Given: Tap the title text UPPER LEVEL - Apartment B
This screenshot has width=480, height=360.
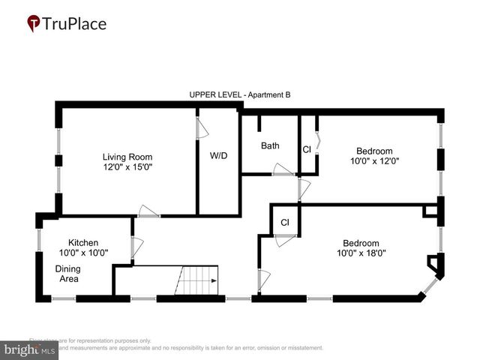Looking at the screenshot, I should pos(239,95).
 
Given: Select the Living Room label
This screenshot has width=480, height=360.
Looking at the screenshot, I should pos(133,157).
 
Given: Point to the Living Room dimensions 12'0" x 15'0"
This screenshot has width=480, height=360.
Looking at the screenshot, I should pos(133,167).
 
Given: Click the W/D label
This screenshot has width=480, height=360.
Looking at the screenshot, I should pos(218,157).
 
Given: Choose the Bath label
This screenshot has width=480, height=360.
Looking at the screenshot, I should pos(270,145).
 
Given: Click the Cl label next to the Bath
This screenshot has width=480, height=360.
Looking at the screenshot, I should pos(307,149).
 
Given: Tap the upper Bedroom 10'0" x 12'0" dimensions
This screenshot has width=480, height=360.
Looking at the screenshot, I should pos(375,160).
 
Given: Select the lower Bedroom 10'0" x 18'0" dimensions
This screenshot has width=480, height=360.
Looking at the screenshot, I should pos(361,253).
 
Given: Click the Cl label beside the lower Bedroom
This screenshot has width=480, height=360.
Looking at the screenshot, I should pos(285,223).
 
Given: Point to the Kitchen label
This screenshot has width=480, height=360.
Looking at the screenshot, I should pos(83,243).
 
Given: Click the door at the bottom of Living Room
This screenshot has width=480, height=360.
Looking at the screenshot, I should pos(148,211).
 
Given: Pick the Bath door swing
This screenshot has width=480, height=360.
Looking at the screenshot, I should pos(283,169).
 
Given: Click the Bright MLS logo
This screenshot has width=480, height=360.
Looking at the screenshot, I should pos(30,349).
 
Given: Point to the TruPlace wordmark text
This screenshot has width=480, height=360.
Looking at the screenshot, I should pos(76,24).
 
